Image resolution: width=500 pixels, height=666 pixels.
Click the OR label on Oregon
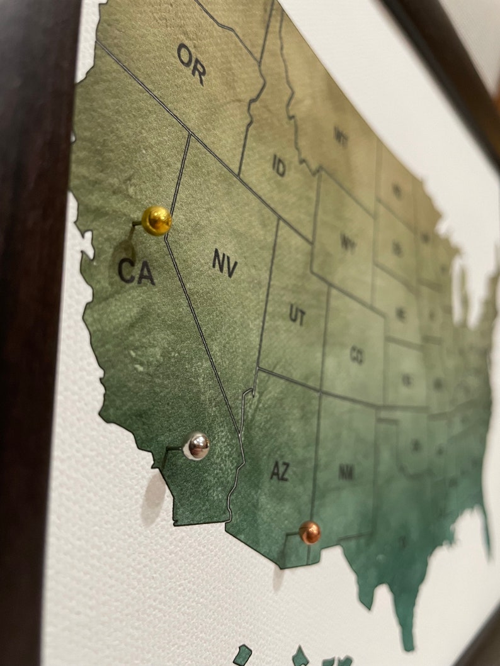(191, 64)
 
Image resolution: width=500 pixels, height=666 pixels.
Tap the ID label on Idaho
(279, 166)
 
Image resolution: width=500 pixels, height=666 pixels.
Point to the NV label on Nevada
(224, 263)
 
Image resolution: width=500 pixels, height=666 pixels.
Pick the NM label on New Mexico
(346, 473)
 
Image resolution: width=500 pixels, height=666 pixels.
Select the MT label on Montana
(341, 135)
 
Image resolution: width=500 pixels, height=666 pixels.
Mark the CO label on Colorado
(356, 357)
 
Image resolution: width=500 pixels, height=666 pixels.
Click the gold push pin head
(156, 220)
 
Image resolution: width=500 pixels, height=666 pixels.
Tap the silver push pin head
(196, 446)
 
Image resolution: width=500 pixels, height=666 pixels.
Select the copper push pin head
(309, 532)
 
